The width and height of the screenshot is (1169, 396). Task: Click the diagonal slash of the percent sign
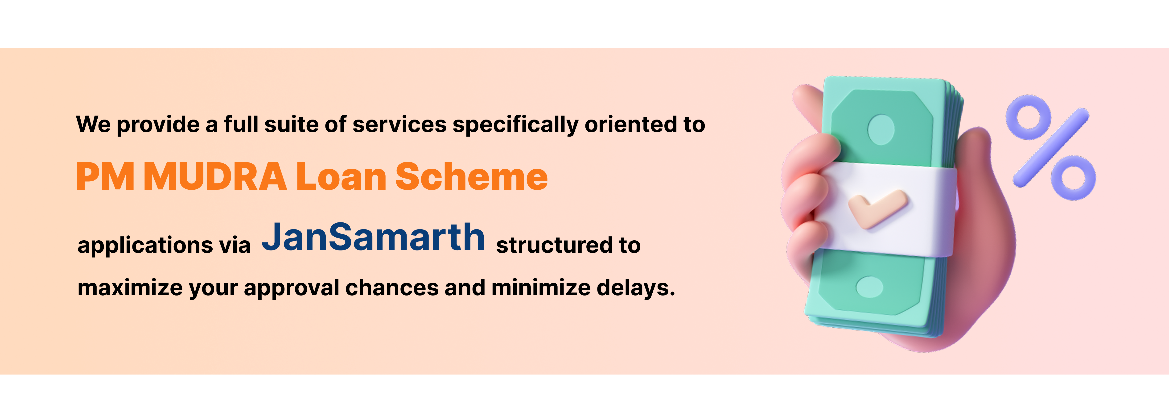coord(1051,148)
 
